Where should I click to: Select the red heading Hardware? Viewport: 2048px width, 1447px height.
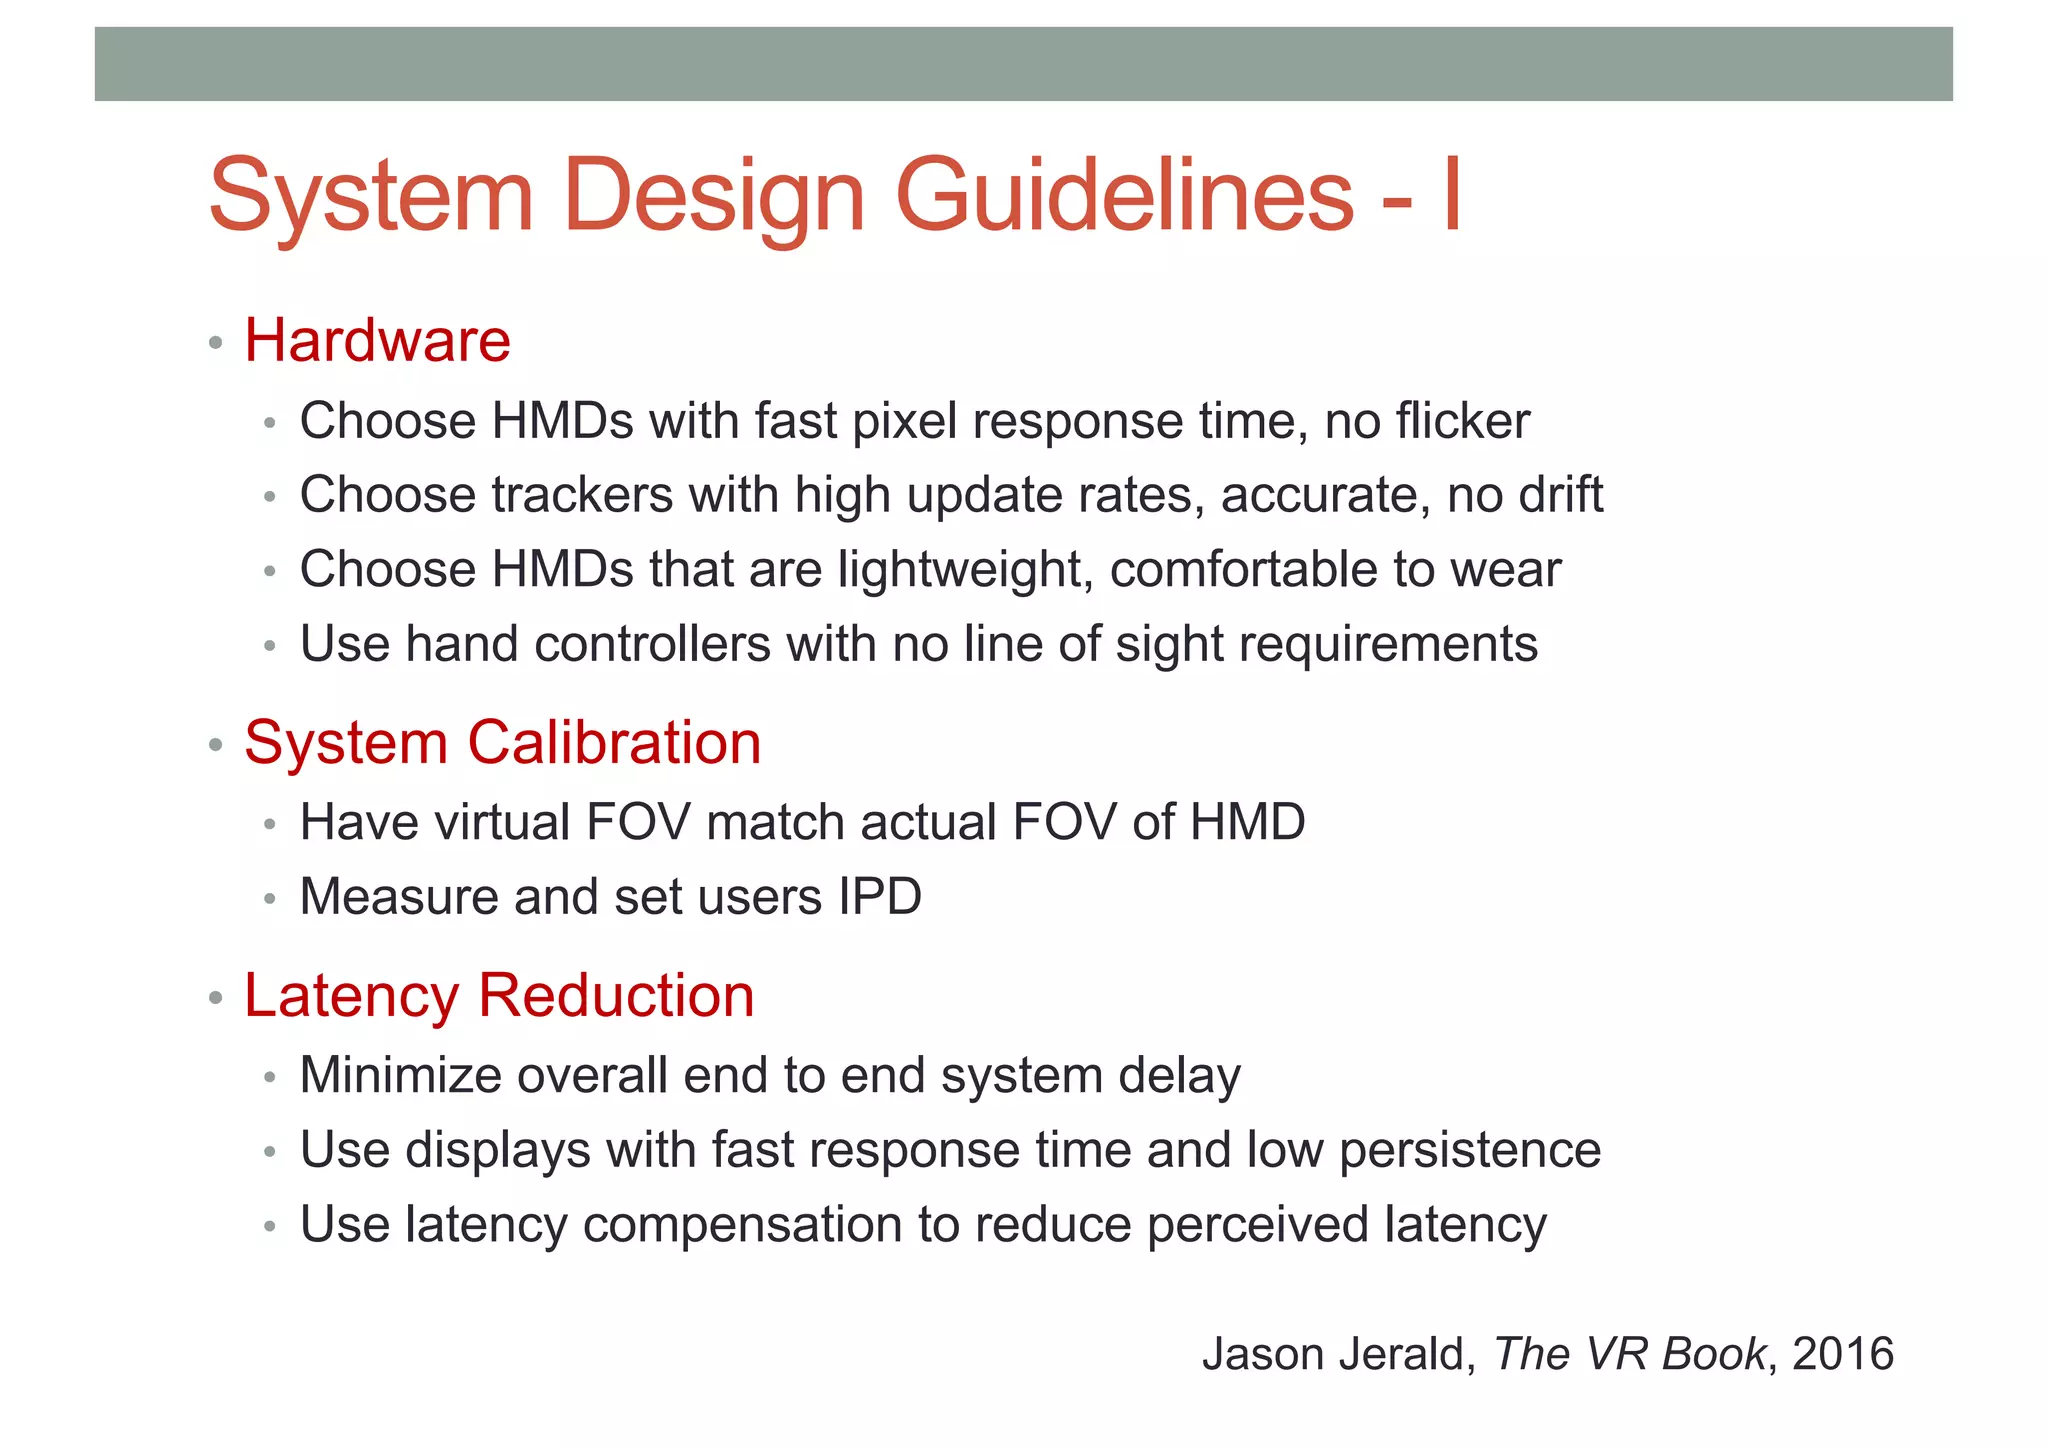377,340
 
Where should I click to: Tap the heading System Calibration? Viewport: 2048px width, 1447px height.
502,742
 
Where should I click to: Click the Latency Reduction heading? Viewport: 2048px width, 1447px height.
498,996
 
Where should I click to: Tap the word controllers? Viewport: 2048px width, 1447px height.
652,644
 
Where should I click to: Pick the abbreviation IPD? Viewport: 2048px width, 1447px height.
879,897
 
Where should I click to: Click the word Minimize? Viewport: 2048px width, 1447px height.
400,1076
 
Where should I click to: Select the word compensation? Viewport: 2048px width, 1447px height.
742,1225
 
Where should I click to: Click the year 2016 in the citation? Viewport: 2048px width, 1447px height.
1843,1354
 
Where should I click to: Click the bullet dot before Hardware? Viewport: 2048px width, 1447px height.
215,344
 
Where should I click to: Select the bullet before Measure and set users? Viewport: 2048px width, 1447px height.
269,899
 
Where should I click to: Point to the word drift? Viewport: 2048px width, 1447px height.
1560,495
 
